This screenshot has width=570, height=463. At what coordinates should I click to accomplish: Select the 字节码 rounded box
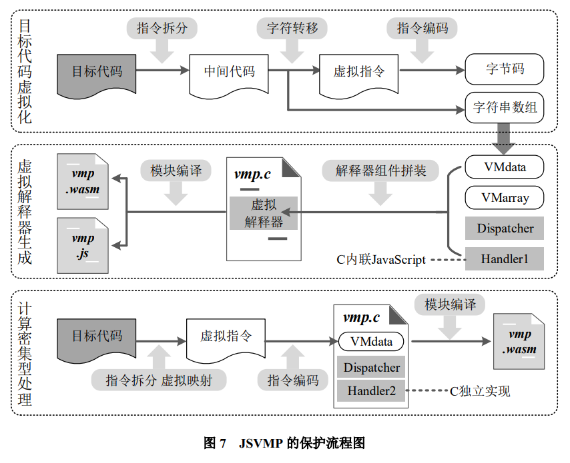coord(505,69)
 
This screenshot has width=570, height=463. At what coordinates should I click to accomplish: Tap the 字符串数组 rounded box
coord(505,107)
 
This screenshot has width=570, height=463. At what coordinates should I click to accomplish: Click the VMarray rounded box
coord(505,197)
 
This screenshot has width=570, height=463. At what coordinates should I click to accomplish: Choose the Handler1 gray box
coord(505,258)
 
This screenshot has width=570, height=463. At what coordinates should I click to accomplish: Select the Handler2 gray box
coord(371,390)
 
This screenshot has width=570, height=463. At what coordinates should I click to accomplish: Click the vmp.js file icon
coord(83,245)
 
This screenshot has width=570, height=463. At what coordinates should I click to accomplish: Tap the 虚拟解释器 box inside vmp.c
coord(264,213)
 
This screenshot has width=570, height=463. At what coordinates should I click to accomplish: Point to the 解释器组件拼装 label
coord(381,170)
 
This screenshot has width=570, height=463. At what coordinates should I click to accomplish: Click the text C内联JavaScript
coord(381,259)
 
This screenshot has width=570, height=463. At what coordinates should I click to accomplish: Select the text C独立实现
coord(480,390)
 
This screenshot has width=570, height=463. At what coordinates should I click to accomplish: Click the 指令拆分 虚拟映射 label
coord(159,380)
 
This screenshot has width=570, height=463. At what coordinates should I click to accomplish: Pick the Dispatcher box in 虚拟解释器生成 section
coord(505,229)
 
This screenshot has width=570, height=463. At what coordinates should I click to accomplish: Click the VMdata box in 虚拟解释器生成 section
coord(505,167)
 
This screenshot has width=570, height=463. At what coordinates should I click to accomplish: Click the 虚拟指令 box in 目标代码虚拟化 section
coord(358,72)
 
